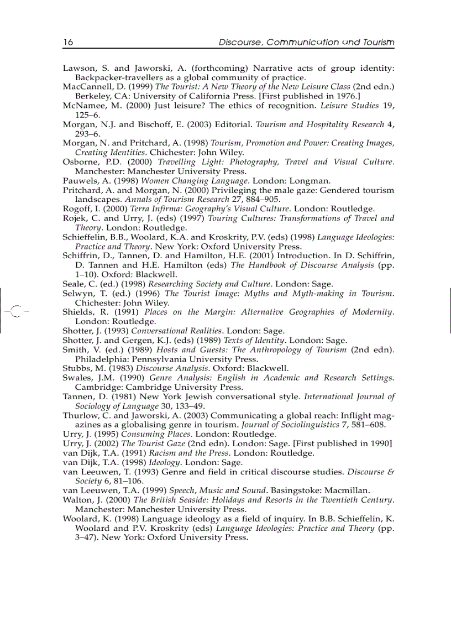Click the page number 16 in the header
tap(68, 43)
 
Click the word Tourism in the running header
tap(379, 43)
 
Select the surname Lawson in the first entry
tap(77, 69)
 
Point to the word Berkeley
tap(94, 96)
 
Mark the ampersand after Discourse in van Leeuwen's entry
tap(390, 472)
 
